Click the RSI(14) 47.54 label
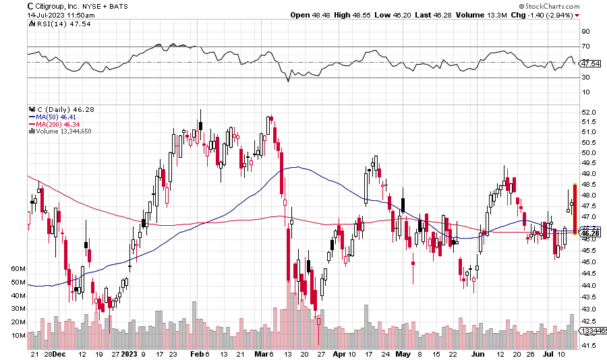click(55, 24)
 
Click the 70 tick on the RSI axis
click(585, 47)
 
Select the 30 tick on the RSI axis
click(585, 78)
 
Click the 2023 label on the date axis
click(129, 353)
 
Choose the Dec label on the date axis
click(59, 353)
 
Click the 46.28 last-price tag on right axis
click(589, 233)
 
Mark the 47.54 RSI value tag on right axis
click(590, 63)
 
